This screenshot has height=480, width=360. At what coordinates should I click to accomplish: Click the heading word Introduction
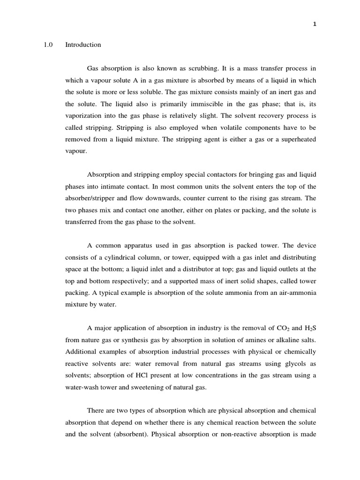(x=83, y=45)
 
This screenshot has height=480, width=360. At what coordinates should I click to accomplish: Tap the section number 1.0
(x=48, y=45)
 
